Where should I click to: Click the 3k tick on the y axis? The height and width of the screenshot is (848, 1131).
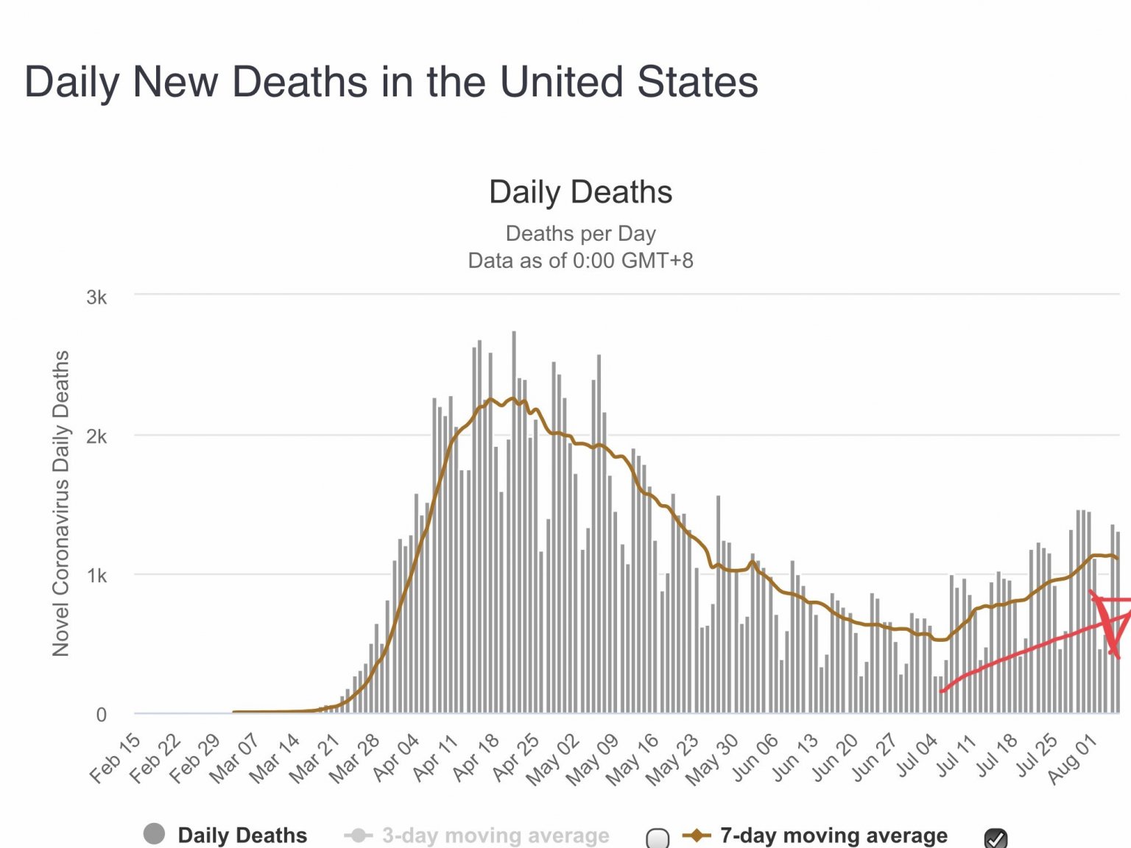coord(96,297)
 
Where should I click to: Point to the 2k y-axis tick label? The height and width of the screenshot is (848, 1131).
coord(96,437)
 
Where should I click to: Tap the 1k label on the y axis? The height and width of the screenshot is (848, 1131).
coord(96,576)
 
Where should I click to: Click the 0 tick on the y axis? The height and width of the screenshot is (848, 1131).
coord(102,714)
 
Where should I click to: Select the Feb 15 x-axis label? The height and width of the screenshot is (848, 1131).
coord(116,758)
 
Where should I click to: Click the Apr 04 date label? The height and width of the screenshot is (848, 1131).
coord(396,758)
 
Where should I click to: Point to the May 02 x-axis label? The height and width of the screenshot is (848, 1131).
coord(554,760)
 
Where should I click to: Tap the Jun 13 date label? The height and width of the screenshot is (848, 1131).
coord(795,758)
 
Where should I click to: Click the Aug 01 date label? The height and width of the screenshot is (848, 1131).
coord(1073,760)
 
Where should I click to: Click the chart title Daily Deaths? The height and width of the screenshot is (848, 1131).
coord(580,192)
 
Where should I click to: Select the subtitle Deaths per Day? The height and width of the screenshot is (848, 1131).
coord(580,233)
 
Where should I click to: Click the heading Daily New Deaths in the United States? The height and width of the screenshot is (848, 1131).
coord(391,81)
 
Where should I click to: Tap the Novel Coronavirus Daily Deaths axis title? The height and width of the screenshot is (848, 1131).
coord(60,504)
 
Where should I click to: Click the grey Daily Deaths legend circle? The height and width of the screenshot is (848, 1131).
coord(154,834)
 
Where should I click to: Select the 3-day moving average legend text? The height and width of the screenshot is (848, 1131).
coord(496,835)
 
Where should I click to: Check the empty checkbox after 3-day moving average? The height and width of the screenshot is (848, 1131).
coord(658,838)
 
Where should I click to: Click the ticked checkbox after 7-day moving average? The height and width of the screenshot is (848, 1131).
coord(996,838)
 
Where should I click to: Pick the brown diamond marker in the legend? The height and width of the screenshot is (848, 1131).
coord(697,835)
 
